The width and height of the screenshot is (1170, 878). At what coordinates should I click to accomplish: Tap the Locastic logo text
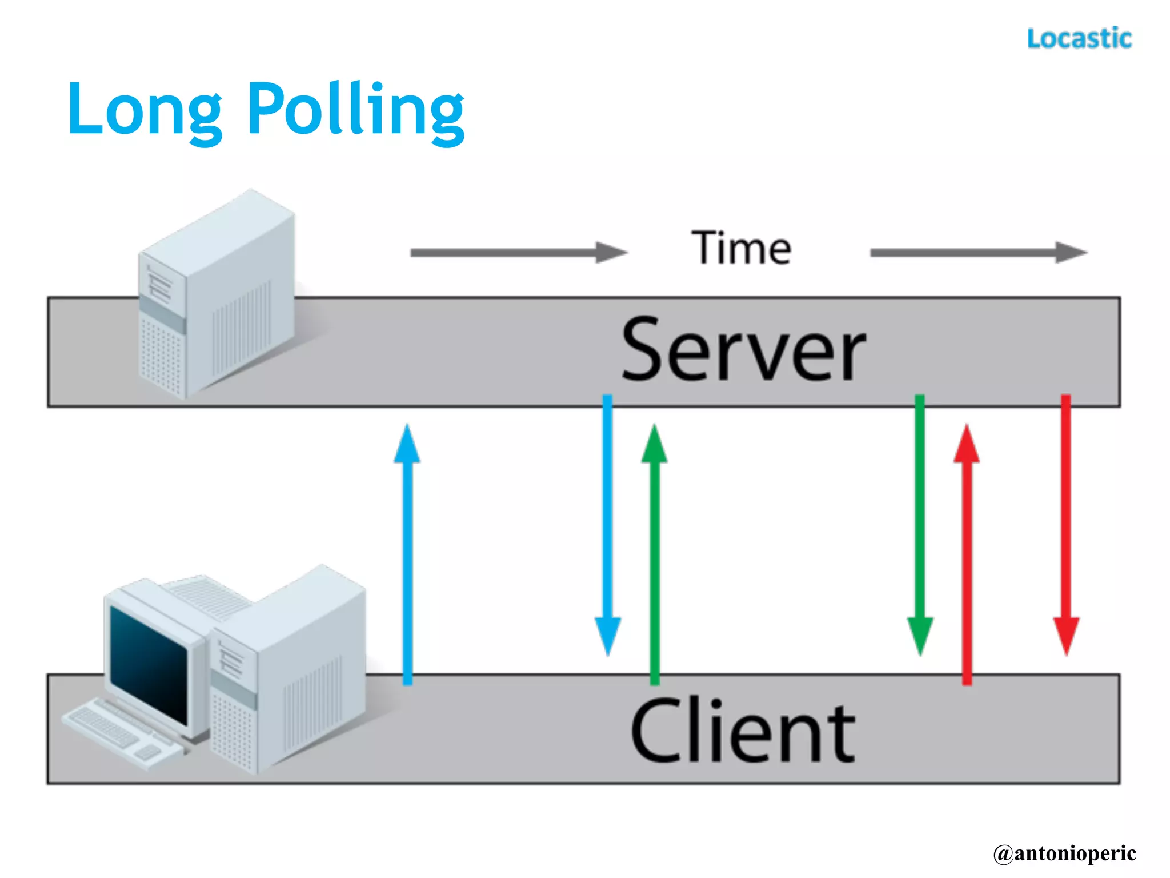[1079, 39]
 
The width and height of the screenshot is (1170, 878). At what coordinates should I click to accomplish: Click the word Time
[741, 248]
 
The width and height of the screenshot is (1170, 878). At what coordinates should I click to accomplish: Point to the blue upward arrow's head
[407, 445]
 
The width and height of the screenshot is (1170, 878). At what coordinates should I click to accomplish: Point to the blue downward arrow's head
[608, 636]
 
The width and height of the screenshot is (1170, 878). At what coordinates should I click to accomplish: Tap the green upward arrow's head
[654, 445]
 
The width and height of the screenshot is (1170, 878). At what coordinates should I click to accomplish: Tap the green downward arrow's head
[920, 636]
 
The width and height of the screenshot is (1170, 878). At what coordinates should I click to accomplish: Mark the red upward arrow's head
[967, 445]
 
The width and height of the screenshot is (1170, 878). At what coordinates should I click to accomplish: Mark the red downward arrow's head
[1066, 636]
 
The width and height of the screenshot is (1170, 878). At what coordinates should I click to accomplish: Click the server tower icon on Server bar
[217, 297]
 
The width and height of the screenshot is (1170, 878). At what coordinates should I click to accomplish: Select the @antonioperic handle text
[1064, 853]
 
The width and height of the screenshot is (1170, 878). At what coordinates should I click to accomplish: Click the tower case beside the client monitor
[291, 669]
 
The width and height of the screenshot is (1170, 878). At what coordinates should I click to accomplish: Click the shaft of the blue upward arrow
[407, 572]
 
